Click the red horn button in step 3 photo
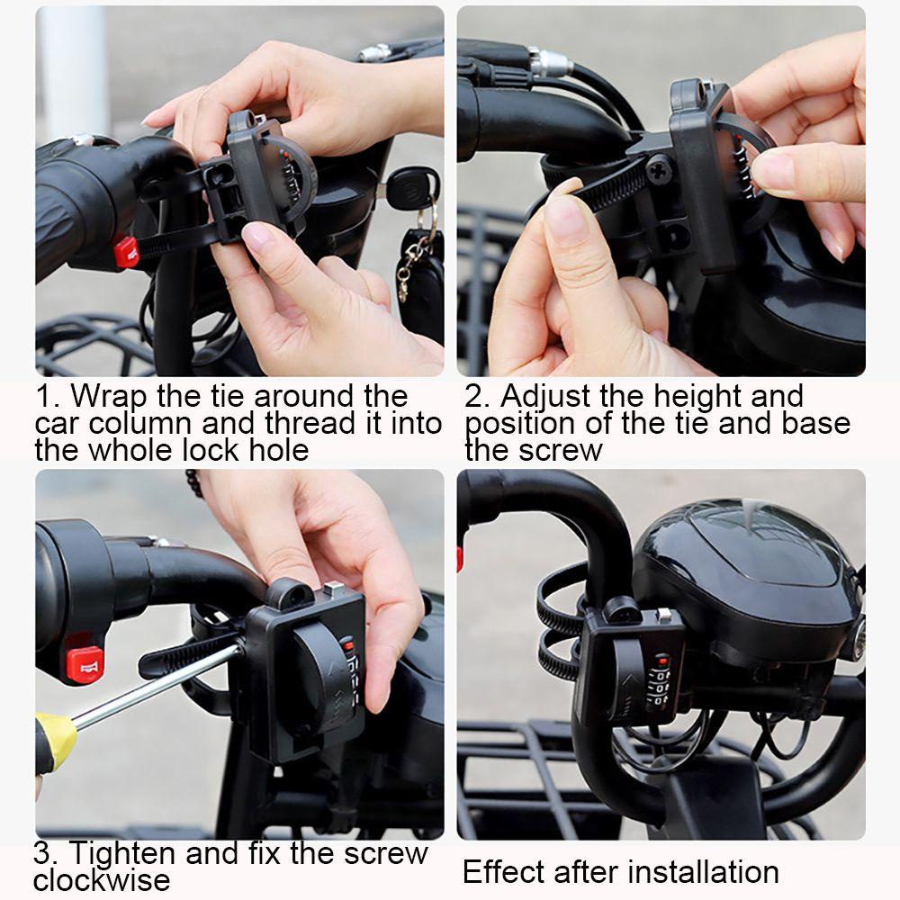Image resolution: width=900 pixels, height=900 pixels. point(85,665)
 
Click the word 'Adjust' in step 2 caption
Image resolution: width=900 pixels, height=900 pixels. point(545,396)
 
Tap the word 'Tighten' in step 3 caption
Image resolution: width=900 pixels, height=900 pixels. point(123,853)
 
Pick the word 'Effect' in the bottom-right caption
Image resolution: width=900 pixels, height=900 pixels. point(505,872)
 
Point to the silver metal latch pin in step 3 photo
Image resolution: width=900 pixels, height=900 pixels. point(333,589)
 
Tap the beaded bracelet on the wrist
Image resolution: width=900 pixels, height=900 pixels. point(195,482)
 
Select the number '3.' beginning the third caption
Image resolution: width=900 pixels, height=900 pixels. point(45,853)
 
